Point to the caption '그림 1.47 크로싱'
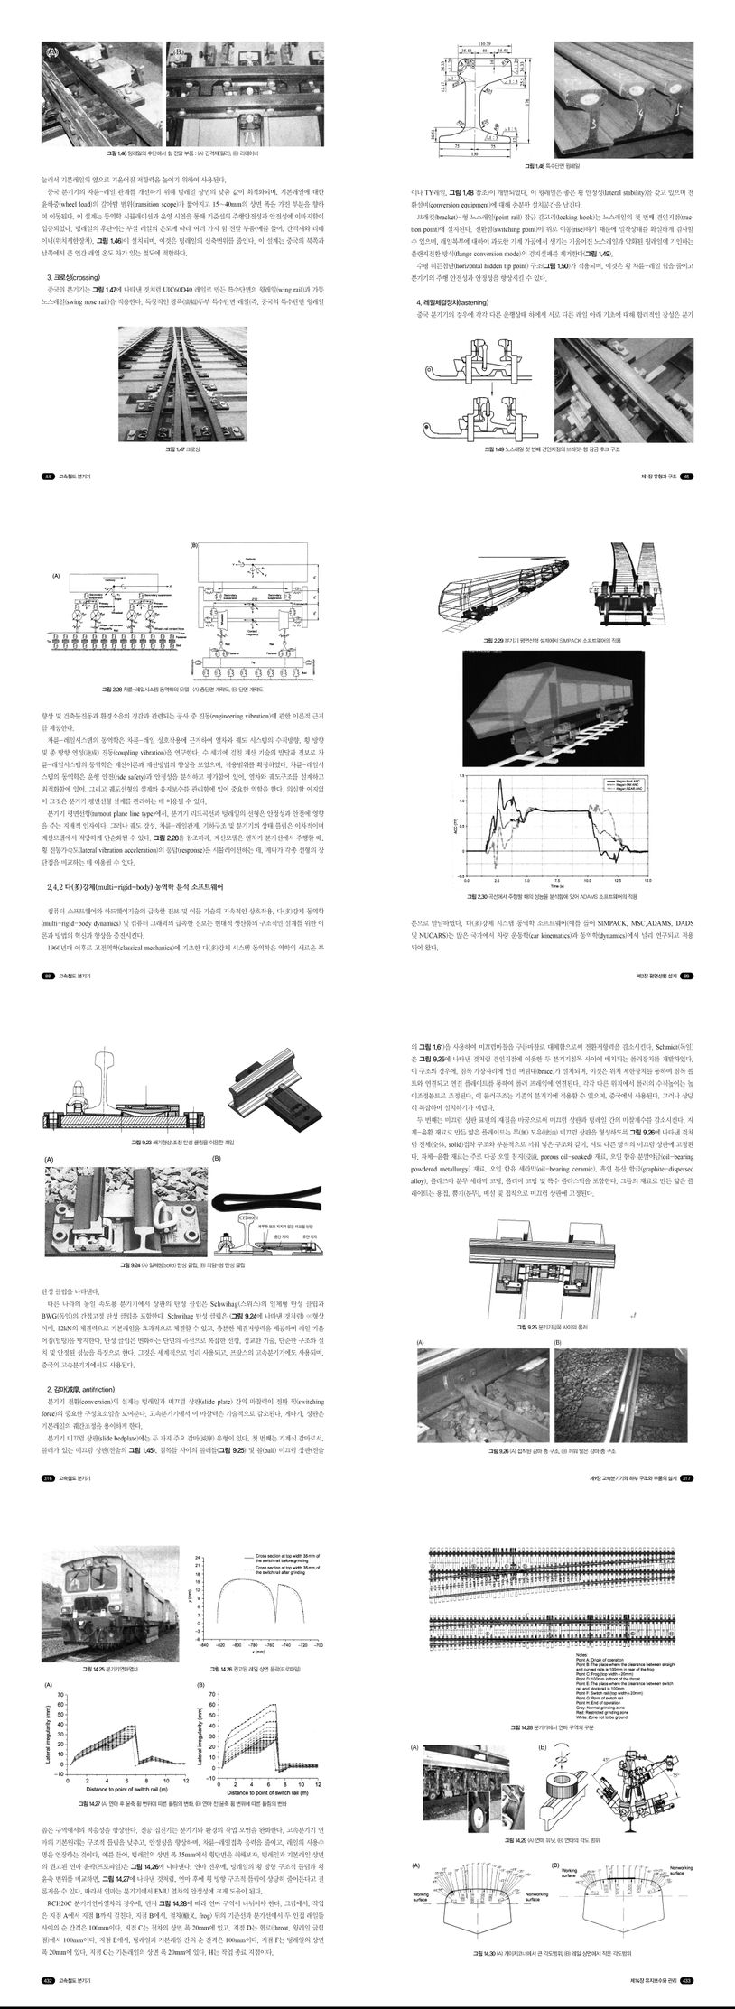pyautogui.click(x=183, y=448)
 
